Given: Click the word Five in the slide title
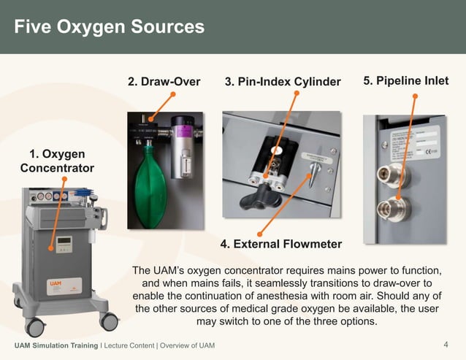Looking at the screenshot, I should click(x=35, y=27).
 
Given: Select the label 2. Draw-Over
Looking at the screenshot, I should click(x=164, y=81).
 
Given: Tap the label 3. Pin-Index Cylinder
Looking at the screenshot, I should click(x=283, y=81).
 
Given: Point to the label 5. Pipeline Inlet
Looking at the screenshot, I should click(x=405, y=80).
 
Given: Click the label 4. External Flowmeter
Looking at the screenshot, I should click(x=280, y=243).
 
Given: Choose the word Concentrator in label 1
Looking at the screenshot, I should click(x=57, y=168).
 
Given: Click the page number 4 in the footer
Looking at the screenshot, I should click(x=446, y=344).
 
